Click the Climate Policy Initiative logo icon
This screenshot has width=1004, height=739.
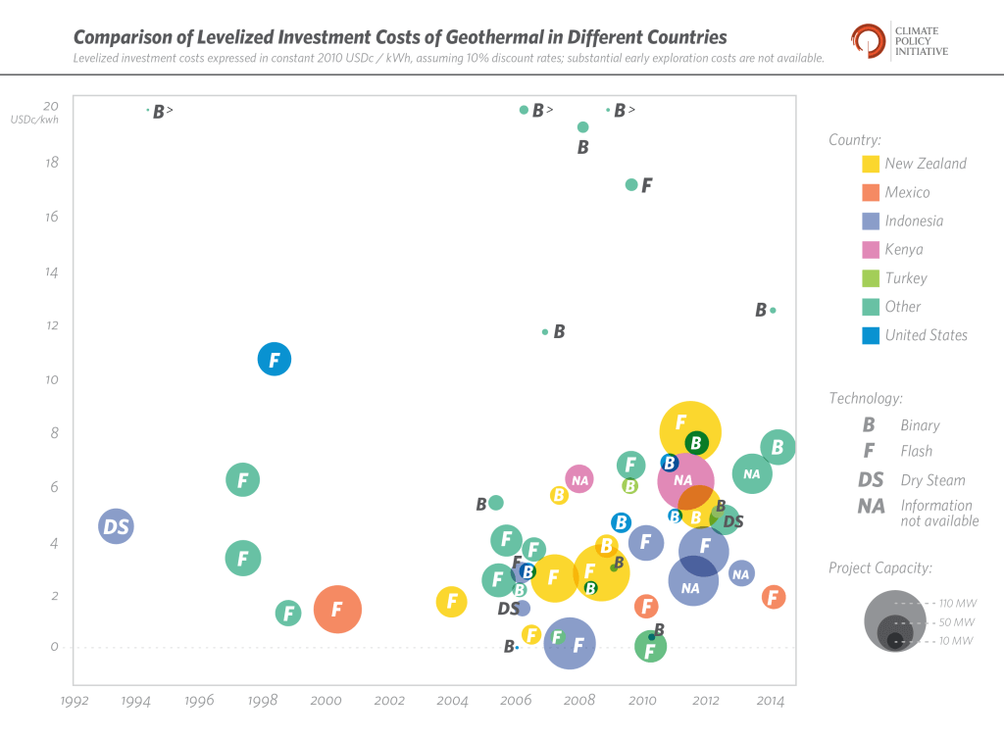(868, 40)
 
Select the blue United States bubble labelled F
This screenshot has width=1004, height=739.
(275, 360)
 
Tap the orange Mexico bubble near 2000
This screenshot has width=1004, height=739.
(337, 609)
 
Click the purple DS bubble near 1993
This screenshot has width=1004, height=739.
(116, 527)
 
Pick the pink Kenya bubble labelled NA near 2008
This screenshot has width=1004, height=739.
(579, 479)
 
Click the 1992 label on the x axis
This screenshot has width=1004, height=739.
(75, 701)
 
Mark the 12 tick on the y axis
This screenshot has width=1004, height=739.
(51, 325)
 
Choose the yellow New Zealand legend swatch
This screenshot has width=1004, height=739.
(870, 164)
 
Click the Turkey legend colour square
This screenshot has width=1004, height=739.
(870, 278)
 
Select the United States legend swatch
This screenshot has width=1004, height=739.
(870, 335)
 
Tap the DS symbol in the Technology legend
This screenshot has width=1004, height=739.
(871, 480)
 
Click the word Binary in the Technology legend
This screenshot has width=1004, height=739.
(920, 425)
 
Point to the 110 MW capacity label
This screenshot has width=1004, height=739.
(958, 604)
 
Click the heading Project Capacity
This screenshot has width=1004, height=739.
(880, 567)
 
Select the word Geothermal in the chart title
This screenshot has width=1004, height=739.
(494, 37)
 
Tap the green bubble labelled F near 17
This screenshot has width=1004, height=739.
(631, 184)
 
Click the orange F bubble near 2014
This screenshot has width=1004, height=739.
(773, 596)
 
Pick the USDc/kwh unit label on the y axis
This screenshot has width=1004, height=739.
(34, 120)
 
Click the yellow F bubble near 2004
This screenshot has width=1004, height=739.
(451, 602)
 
